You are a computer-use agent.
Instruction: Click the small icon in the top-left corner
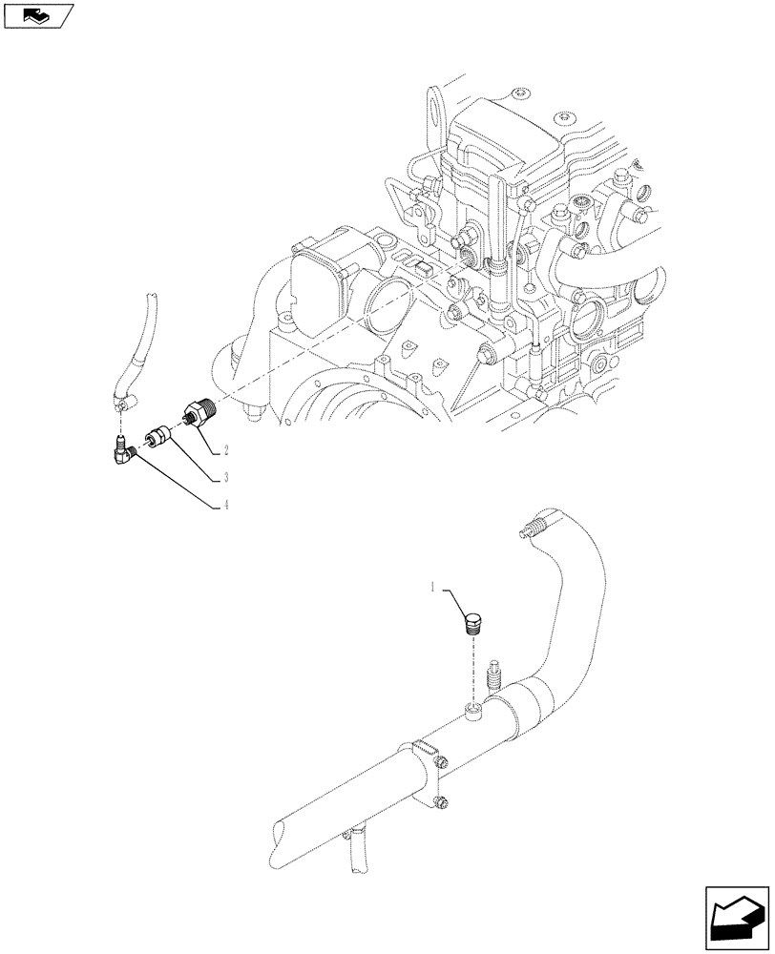pos(38,15)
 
